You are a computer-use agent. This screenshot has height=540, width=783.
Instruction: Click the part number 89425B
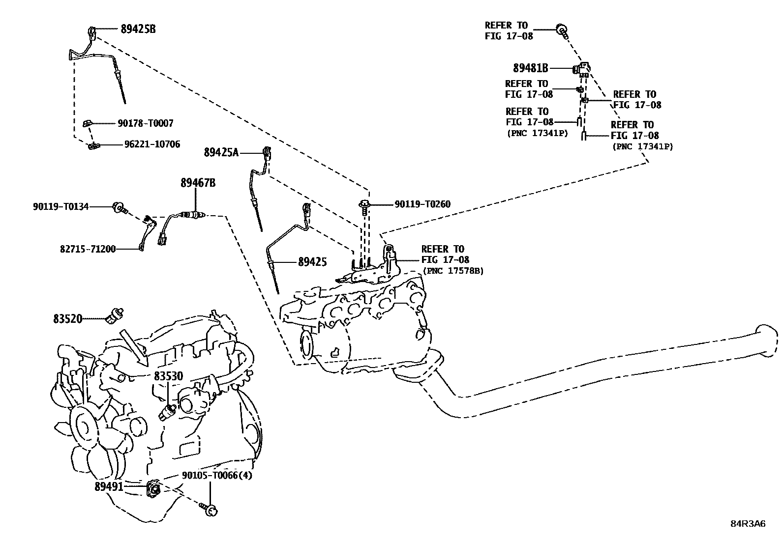point(138,29)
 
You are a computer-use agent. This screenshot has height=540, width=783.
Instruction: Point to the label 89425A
point(221,153)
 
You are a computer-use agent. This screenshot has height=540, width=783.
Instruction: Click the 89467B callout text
point(198,183)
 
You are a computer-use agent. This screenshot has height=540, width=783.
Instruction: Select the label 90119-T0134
point(61,207)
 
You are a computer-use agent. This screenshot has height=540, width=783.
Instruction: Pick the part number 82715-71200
point(88,249)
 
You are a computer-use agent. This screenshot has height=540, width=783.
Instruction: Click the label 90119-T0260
point(422,204)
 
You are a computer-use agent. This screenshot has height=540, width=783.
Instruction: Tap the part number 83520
point(67,319)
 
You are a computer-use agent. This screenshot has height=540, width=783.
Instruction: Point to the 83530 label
point(168,376)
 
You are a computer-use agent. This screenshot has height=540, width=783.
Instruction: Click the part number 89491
point(109,486)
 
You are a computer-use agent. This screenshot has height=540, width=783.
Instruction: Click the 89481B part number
point(530,68)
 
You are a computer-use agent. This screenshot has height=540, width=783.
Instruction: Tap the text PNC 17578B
point(453,271)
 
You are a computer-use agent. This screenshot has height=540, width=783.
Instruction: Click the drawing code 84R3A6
point(748,523)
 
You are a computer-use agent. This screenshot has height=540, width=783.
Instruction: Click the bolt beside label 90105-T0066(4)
point(211,511)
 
